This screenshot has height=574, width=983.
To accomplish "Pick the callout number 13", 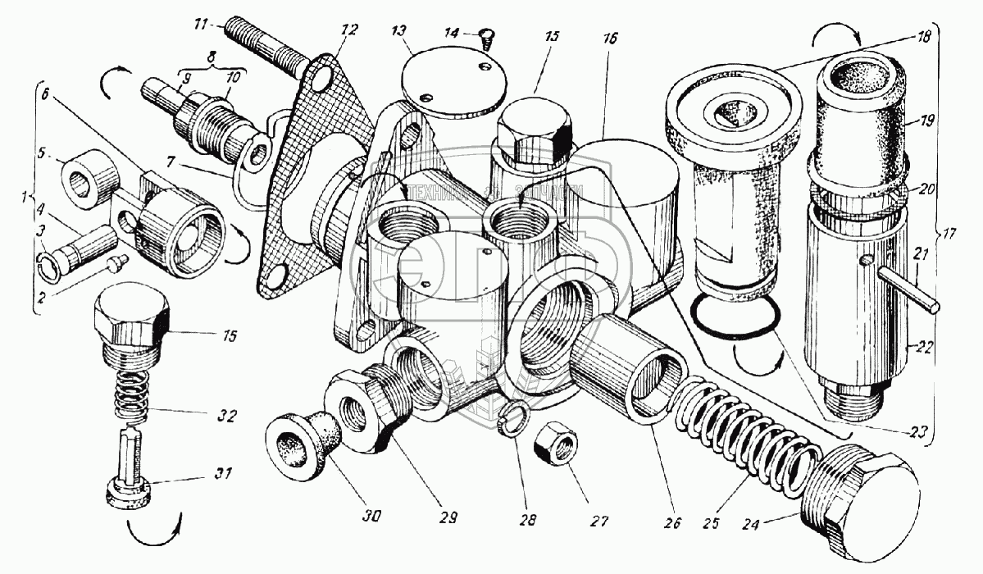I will pyautogui.click(x=399, y=31).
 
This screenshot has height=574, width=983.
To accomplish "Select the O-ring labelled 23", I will pyautogui.click(x=734, y=318).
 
